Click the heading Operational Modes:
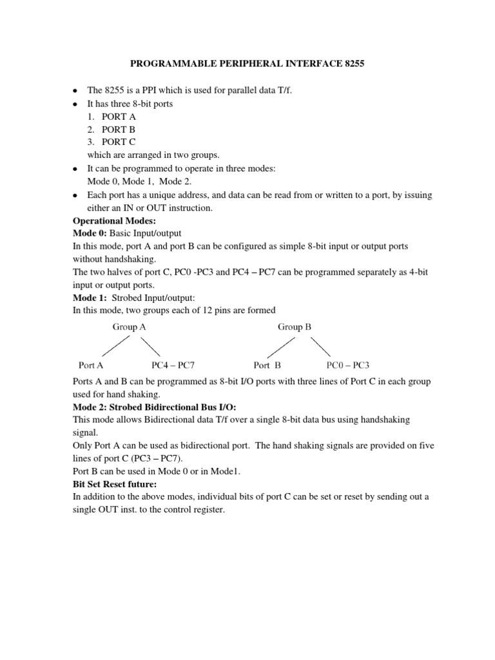tap(113, 221)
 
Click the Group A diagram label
tap(129, 327)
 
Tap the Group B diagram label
tap(295, 327)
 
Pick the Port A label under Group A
tap(91, 364)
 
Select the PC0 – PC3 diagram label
tap(349, 364)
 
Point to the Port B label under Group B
tap(267, 364)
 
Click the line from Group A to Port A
tap(116, 346)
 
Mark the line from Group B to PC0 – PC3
tap(320, 346)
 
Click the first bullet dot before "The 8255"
tap(75, 91)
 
